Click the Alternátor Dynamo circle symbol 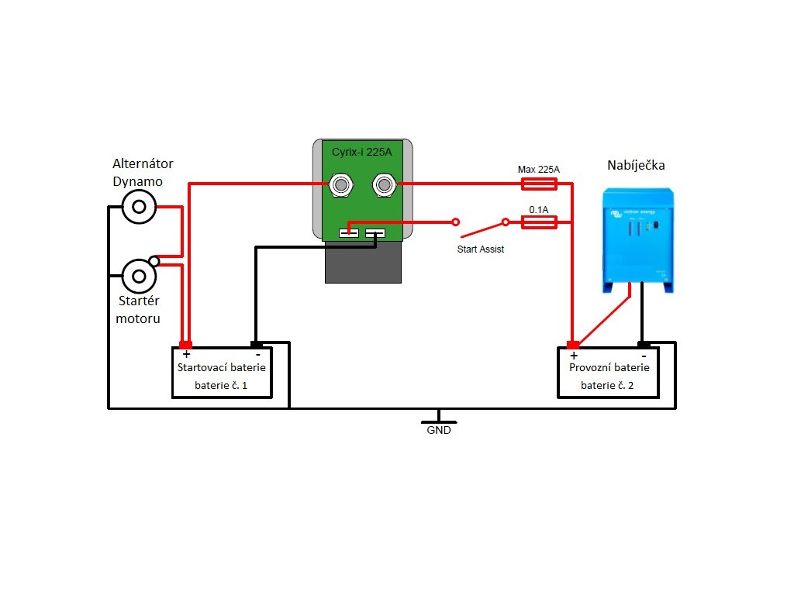140,207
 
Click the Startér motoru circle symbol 140,275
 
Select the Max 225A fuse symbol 538,184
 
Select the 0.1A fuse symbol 538,222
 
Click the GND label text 439,430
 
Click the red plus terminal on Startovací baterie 186,344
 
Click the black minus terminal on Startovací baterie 256,344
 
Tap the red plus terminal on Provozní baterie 573,344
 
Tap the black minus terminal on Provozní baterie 644,344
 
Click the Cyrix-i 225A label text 362,153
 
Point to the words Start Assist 481,249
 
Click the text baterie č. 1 221,384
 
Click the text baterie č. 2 609,384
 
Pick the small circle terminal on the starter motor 154,261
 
